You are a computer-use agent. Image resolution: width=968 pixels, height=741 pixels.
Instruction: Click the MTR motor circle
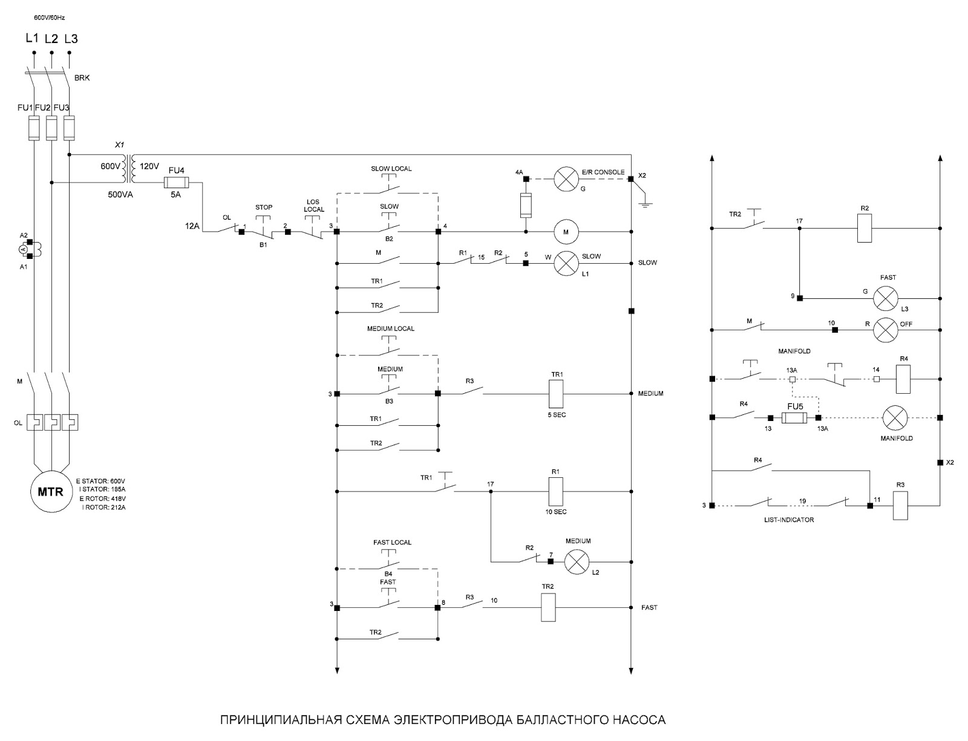[50, 492]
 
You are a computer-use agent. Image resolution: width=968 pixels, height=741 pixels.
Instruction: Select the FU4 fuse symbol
[177, 183]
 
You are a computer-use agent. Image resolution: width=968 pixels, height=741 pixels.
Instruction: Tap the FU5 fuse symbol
[794, 418]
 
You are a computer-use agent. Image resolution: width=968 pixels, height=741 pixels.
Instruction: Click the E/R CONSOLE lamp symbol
[566, 179]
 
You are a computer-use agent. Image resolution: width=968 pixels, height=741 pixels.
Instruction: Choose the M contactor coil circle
[566, 232]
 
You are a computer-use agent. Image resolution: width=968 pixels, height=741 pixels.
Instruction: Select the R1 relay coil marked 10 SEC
[555, 492]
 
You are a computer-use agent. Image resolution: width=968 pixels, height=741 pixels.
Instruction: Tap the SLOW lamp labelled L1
[566, 263]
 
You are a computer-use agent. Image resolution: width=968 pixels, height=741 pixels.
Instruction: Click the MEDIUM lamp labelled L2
[577, 562]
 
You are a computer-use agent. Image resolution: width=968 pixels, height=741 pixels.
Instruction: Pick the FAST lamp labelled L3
[886, 298]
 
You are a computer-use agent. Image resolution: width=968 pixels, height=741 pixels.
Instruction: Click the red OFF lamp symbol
[886, 330]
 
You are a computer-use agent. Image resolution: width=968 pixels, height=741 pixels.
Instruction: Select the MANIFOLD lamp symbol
[895, 418]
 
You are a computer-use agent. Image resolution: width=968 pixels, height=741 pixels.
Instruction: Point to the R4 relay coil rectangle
[903, 379]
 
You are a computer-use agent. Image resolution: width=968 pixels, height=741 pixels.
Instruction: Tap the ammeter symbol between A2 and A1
[24, 250]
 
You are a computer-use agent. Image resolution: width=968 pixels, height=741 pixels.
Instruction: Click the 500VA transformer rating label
[120, 195]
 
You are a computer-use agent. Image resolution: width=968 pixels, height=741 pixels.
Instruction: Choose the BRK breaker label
[82, 78]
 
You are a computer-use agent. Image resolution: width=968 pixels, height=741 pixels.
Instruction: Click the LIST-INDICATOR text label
[789, 520]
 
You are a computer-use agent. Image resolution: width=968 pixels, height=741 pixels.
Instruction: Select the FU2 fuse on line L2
[51, 128]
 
